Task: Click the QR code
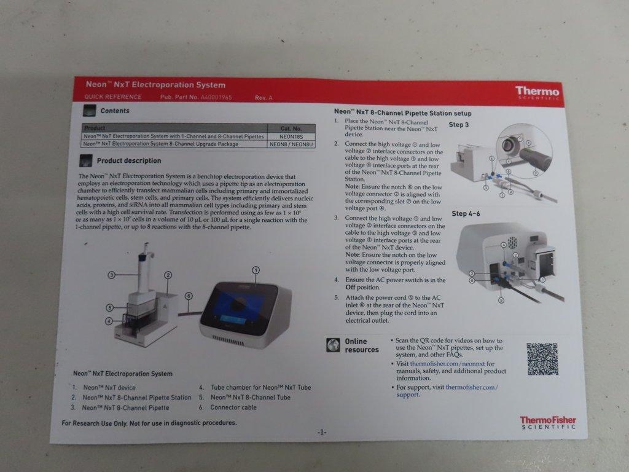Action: coord(542,359)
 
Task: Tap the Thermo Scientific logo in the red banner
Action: coord(537,92)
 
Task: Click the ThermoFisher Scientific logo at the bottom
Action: coord(548,422)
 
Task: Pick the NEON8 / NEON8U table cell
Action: coord(292,144)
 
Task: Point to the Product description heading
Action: coord(129,161)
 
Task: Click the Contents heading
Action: coord(115,111)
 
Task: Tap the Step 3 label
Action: coord(459,125)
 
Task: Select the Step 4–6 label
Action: coord(466,214)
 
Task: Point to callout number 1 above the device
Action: coord(256,270)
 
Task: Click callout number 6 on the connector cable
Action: coord(189,296)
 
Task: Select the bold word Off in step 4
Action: coord(350,287)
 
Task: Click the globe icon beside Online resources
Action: coord(334,345)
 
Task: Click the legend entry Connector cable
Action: coord(233,407)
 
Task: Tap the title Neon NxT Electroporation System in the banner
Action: coord(155,85)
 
